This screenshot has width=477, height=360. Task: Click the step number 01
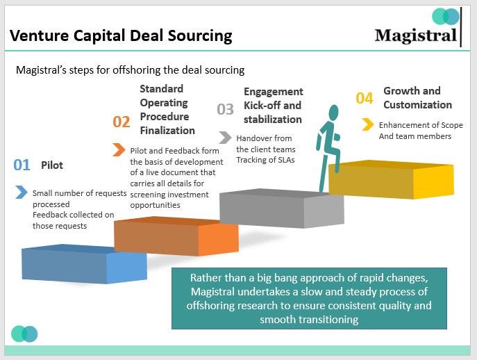pos(22,165)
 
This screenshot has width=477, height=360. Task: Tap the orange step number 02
pos(122,122)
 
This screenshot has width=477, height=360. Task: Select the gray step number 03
pos(226,109)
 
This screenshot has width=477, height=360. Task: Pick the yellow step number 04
pos(365,98)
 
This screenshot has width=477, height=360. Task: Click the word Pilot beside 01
pos(52,165)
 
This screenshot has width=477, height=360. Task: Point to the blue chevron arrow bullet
pos(22,192)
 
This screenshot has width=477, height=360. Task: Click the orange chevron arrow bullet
pos(119,149)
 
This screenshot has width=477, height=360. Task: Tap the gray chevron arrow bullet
pos(225,137)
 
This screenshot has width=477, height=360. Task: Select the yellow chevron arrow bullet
pos(367,124)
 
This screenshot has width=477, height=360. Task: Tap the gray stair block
pos(281,208)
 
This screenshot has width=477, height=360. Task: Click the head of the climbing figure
pos(333,112)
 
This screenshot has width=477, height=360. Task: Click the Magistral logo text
pos(415,35)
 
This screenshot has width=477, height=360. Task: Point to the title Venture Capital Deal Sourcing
pos(121,35)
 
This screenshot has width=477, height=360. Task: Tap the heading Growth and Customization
pos(417,97)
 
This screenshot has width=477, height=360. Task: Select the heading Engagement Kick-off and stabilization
pos(273,105)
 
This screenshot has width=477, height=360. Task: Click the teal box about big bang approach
pos(309,298)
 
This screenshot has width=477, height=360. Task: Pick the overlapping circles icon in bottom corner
pos(24,334)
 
